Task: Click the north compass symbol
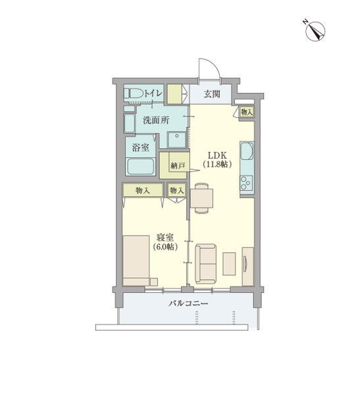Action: [315, 31]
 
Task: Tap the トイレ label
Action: [153, 93]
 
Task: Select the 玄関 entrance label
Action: [212, 94]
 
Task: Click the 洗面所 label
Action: [156, 120]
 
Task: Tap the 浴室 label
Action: [140, 147]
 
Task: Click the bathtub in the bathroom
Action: [141, 167]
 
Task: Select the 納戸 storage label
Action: [178, 165]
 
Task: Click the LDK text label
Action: [217, 155]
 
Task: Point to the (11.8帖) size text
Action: [217, 164]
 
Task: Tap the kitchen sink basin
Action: [247, 151]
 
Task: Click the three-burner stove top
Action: [246, 183]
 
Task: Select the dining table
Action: [201, 198]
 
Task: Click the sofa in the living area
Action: [206, 264]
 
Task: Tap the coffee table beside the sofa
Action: [229, 263]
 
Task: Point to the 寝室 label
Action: [165, 237]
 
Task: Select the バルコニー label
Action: [188, 303]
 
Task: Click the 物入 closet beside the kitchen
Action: [247, 112]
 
